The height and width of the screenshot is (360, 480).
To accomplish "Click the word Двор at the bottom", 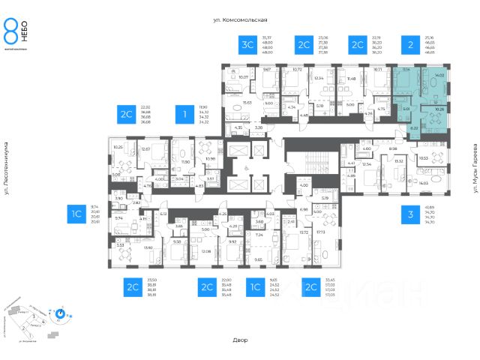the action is click(x=240, y=340).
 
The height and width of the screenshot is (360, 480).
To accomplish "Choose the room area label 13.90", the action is click(x=148, y=247).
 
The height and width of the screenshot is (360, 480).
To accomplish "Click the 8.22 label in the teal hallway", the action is click(x=413, y=127).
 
